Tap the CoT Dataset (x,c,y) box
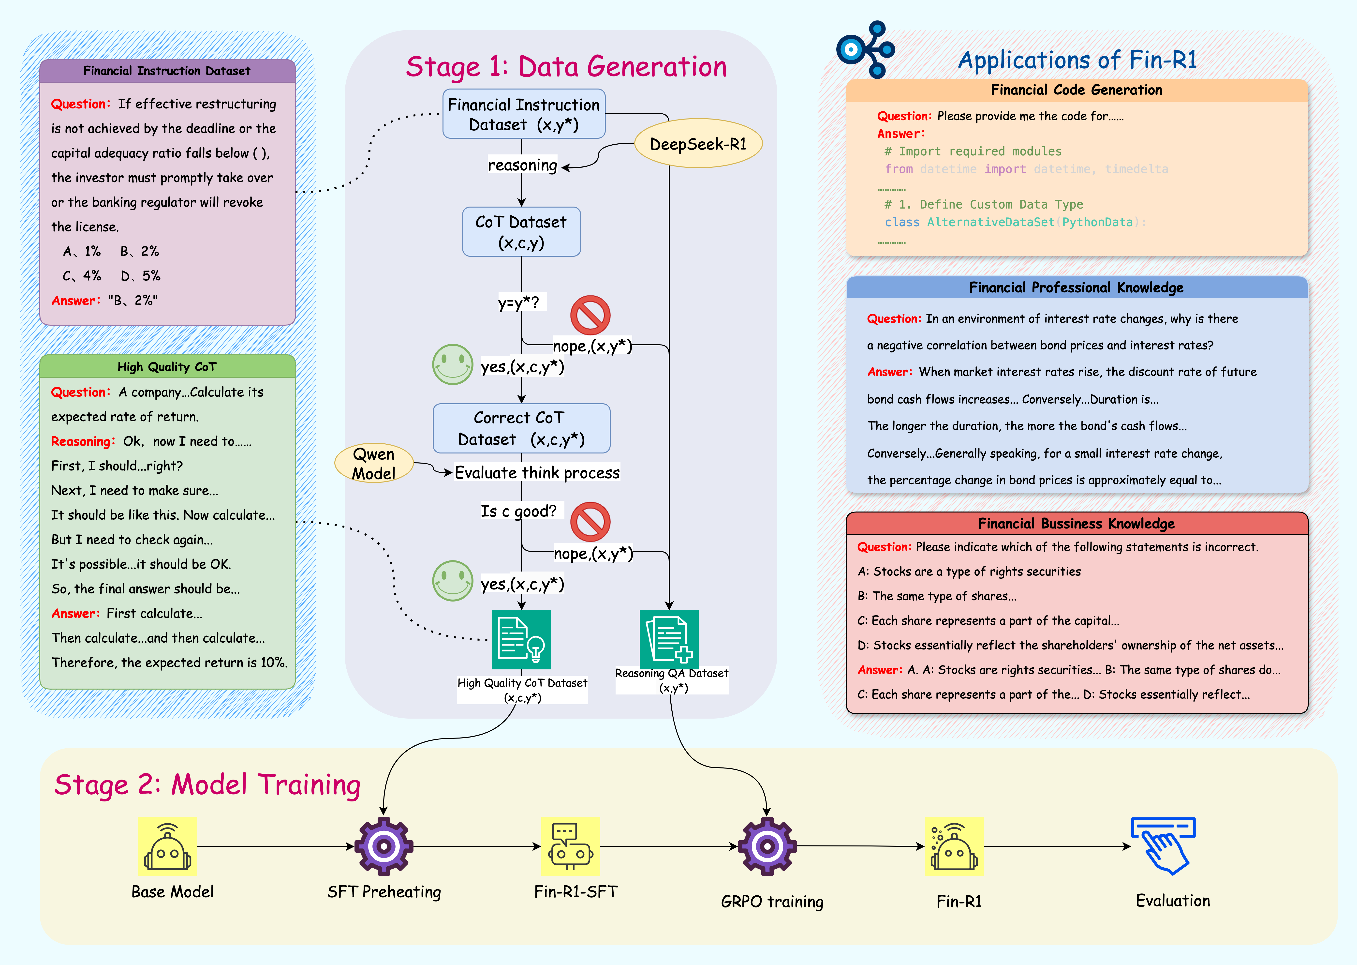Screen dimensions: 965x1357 521,232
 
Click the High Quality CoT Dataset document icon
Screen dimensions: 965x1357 521,640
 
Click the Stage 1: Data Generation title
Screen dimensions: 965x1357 566,67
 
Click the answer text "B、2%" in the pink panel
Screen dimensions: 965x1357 133,301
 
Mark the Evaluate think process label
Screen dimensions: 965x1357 537,473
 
